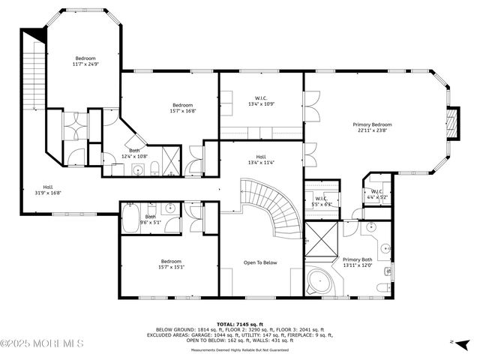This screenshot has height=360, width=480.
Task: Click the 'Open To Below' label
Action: click(260, 262)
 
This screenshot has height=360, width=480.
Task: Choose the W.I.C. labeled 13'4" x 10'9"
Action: click(260, 100)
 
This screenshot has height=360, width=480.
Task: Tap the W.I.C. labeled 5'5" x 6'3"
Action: click(322, 201)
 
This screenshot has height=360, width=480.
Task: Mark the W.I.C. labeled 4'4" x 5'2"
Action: click(377, 193)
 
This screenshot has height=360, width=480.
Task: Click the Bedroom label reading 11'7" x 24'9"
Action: click(85, 61)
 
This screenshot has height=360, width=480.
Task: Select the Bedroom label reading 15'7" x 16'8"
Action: click(183, 108)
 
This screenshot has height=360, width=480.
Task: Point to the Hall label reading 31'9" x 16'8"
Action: click(47, 189)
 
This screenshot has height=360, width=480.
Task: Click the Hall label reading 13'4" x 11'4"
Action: click(260, 159)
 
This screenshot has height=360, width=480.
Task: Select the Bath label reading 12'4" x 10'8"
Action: click(134, 153)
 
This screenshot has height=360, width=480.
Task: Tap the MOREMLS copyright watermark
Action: click(42, 343)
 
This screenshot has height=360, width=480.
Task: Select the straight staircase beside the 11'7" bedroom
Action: click(34, 75)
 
